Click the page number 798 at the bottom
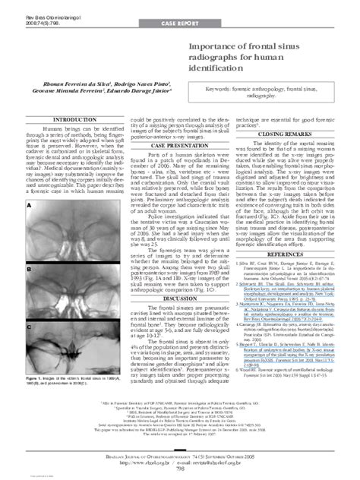[x=180, y=470]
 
